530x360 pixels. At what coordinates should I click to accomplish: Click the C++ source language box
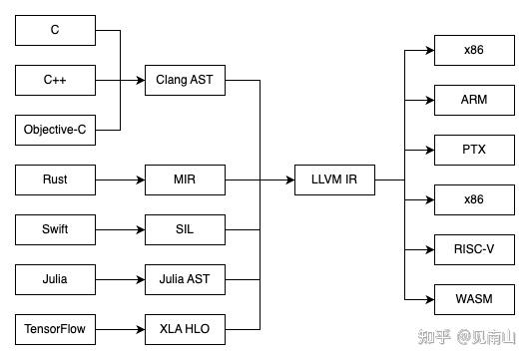click(x=55, y=80)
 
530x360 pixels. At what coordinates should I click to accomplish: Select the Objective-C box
click(x=55, y=130)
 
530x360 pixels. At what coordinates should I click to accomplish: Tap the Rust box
click(x=55, y=180)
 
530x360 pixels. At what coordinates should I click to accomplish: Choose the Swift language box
click(x=55, y=229)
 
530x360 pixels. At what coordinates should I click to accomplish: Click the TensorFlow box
click(x=55, y=327)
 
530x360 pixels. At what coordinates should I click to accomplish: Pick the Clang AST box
click(x=185, y=80)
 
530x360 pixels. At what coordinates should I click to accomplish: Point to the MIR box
click(x=185, y=180)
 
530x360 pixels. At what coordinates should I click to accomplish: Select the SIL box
click(x=185, y=229)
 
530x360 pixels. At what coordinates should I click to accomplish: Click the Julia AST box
click(x=185, y=278)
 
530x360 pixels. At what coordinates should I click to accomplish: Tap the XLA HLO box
click(x=185, y=327)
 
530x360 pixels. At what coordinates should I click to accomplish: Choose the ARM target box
click(x=474, y=100)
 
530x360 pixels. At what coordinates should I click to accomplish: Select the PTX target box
click(x=474, y=150)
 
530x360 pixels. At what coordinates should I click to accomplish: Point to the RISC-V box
click(x=474, y=248)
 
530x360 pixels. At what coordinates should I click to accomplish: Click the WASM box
click(x=474, y=297)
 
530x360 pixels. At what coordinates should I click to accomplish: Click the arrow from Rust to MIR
click(x=120, y=180)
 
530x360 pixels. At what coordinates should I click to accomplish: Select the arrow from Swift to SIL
click(x=120, y=229)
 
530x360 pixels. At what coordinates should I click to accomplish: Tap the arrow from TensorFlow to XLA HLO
click(x=120, y=327)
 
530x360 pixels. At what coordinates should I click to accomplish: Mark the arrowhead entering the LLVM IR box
click(x=290, y=180)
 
